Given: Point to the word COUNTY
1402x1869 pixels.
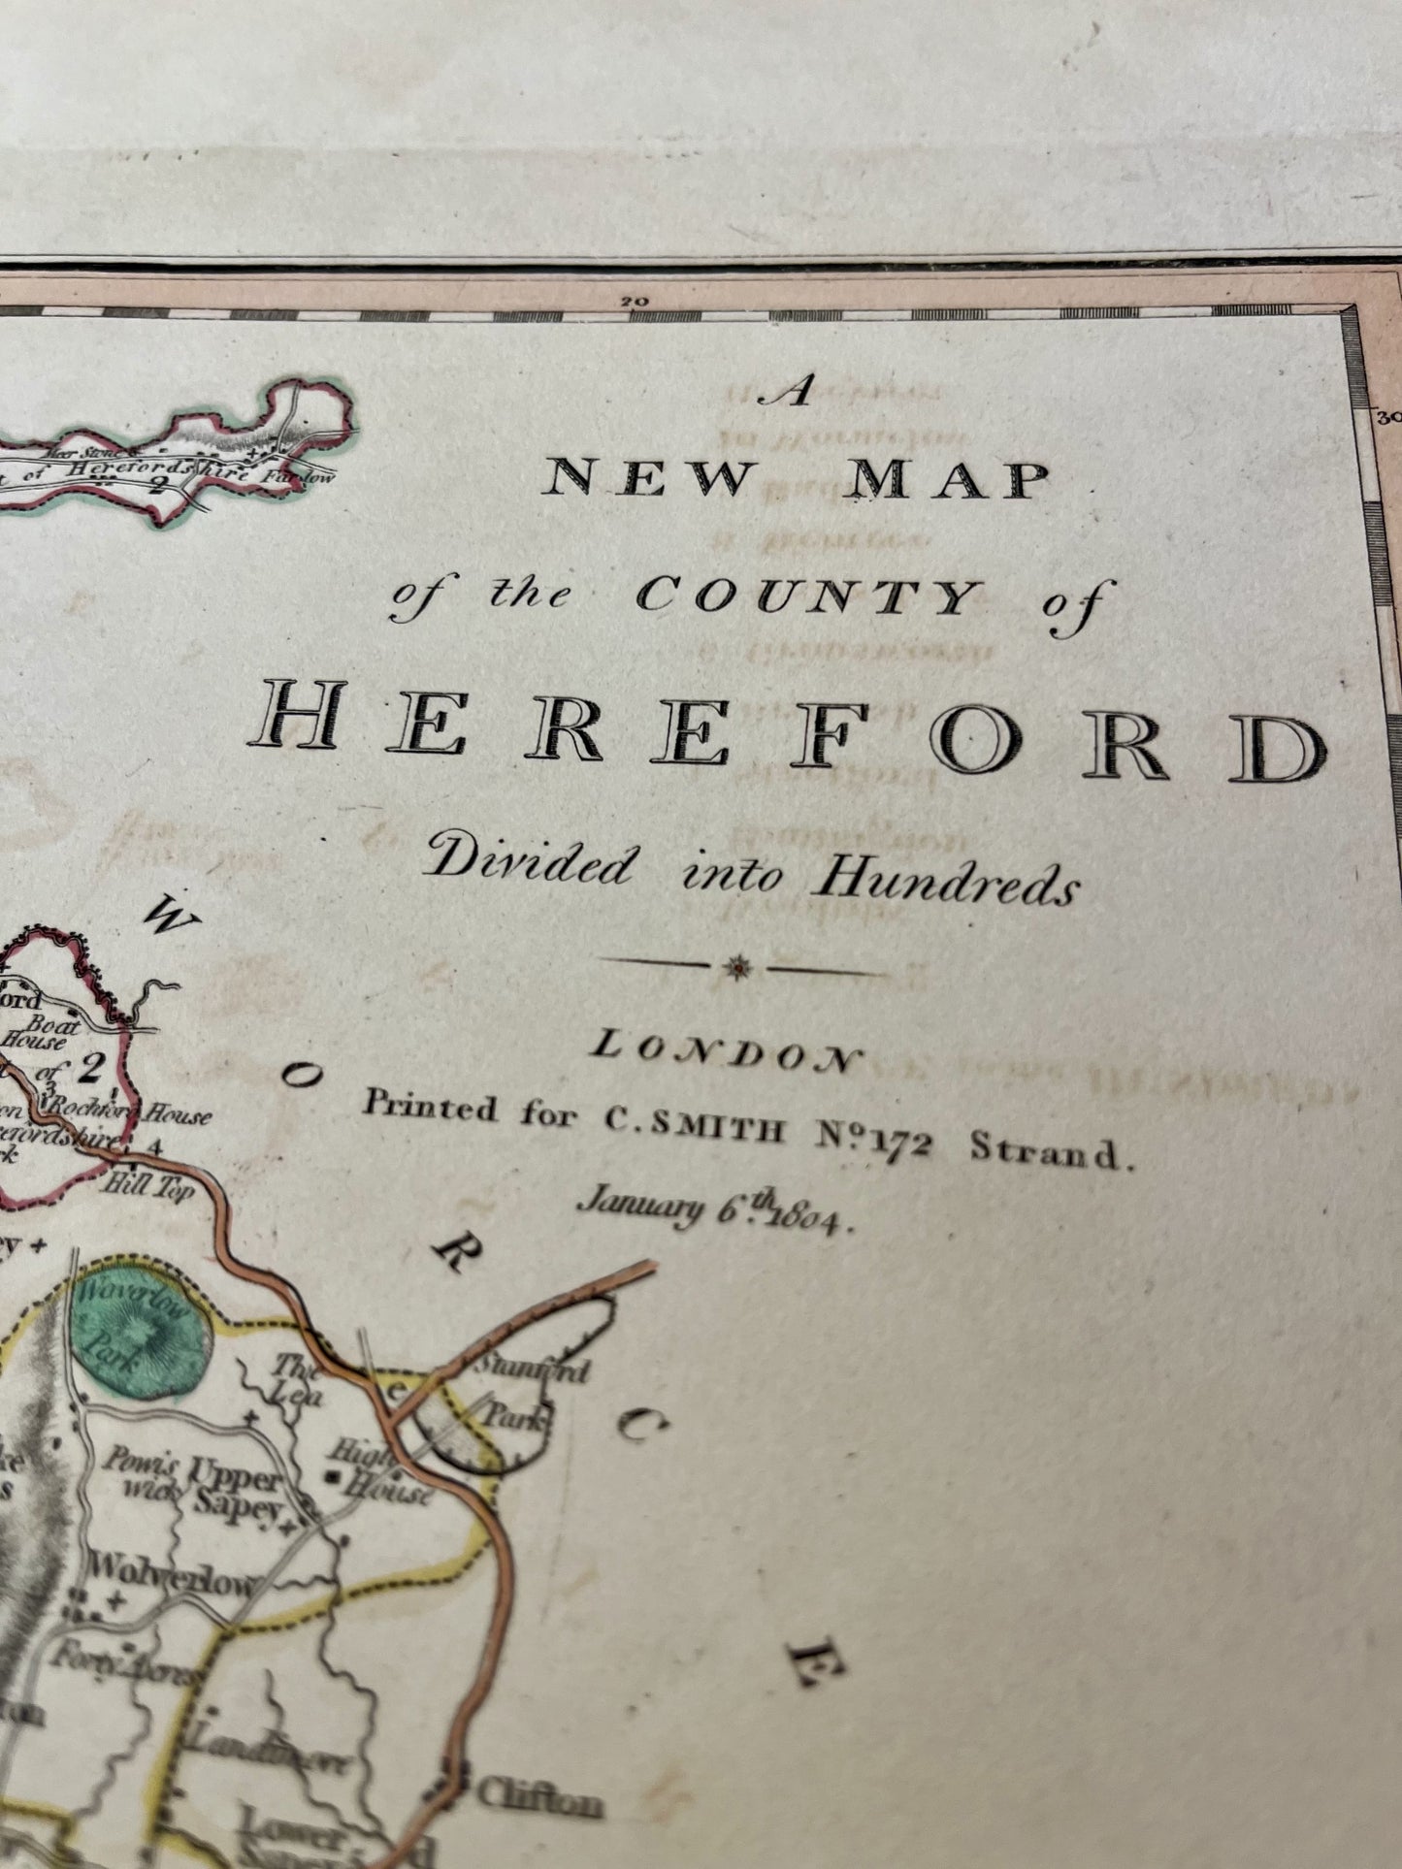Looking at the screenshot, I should point(805,597).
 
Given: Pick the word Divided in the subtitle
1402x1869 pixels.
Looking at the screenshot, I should point(529,861).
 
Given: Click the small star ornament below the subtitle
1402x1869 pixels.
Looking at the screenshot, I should point(739,967).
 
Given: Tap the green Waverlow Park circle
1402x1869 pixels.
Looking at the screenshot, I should point(141,1325).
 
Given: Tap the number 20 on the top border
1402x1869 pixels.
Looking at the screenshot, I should point(636,302).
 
